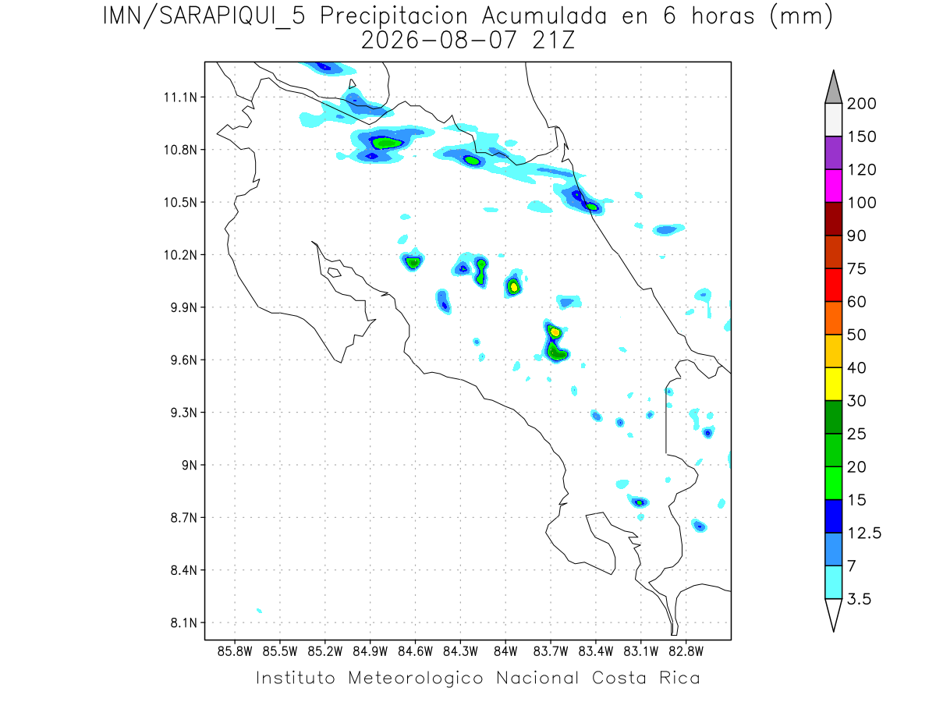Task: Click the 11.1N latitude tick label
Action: tap(180, 97)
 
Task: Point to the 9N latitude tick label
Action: tap(190, 465)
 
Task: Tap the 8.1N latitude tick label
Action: tap(184, 622)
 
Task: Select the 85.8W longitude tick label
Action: tap(235, 652)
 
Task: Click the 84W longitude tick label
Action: tap(505, 652)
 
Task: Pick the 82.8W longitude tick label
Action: tap(686, 652)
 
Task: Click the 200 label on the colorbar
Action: tap(861, 104)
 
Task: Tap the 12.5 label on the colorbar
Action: tap(864, 533)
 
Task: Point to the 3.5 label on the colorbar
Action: tap(859, 599)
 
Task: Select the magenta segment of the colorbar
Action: tap(833, 186)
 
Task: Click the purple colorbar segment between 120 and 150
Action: tap(833, 153)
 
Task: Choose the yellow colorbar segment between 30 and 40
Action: tap(833, 384)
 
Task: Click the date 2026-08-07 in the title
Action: tap(439, 41)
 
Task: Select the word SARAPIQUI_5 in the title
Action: tap(232, 17)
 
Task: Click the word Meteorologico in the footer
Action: tap(415, 678)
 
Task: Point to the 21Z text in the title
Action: tap(554, 41)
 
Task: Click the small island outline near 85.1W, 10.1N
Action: tap(334, 272)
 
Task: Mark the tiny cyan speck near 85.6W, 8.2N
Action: tap(259, 611)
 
